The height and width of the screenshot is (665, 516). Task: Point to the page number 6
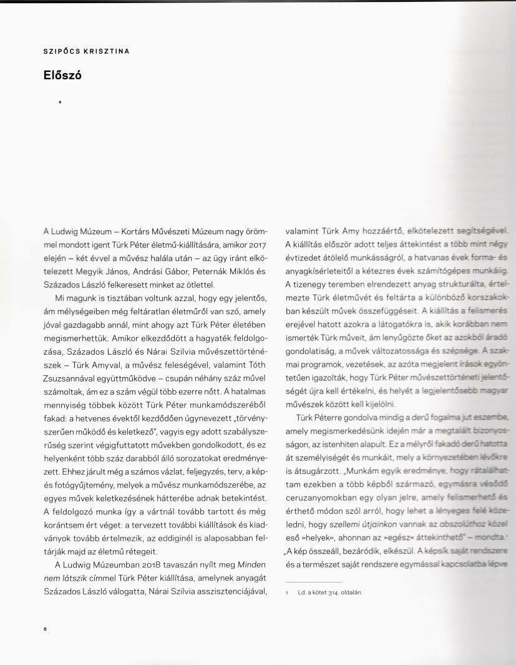pos(46,629)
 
